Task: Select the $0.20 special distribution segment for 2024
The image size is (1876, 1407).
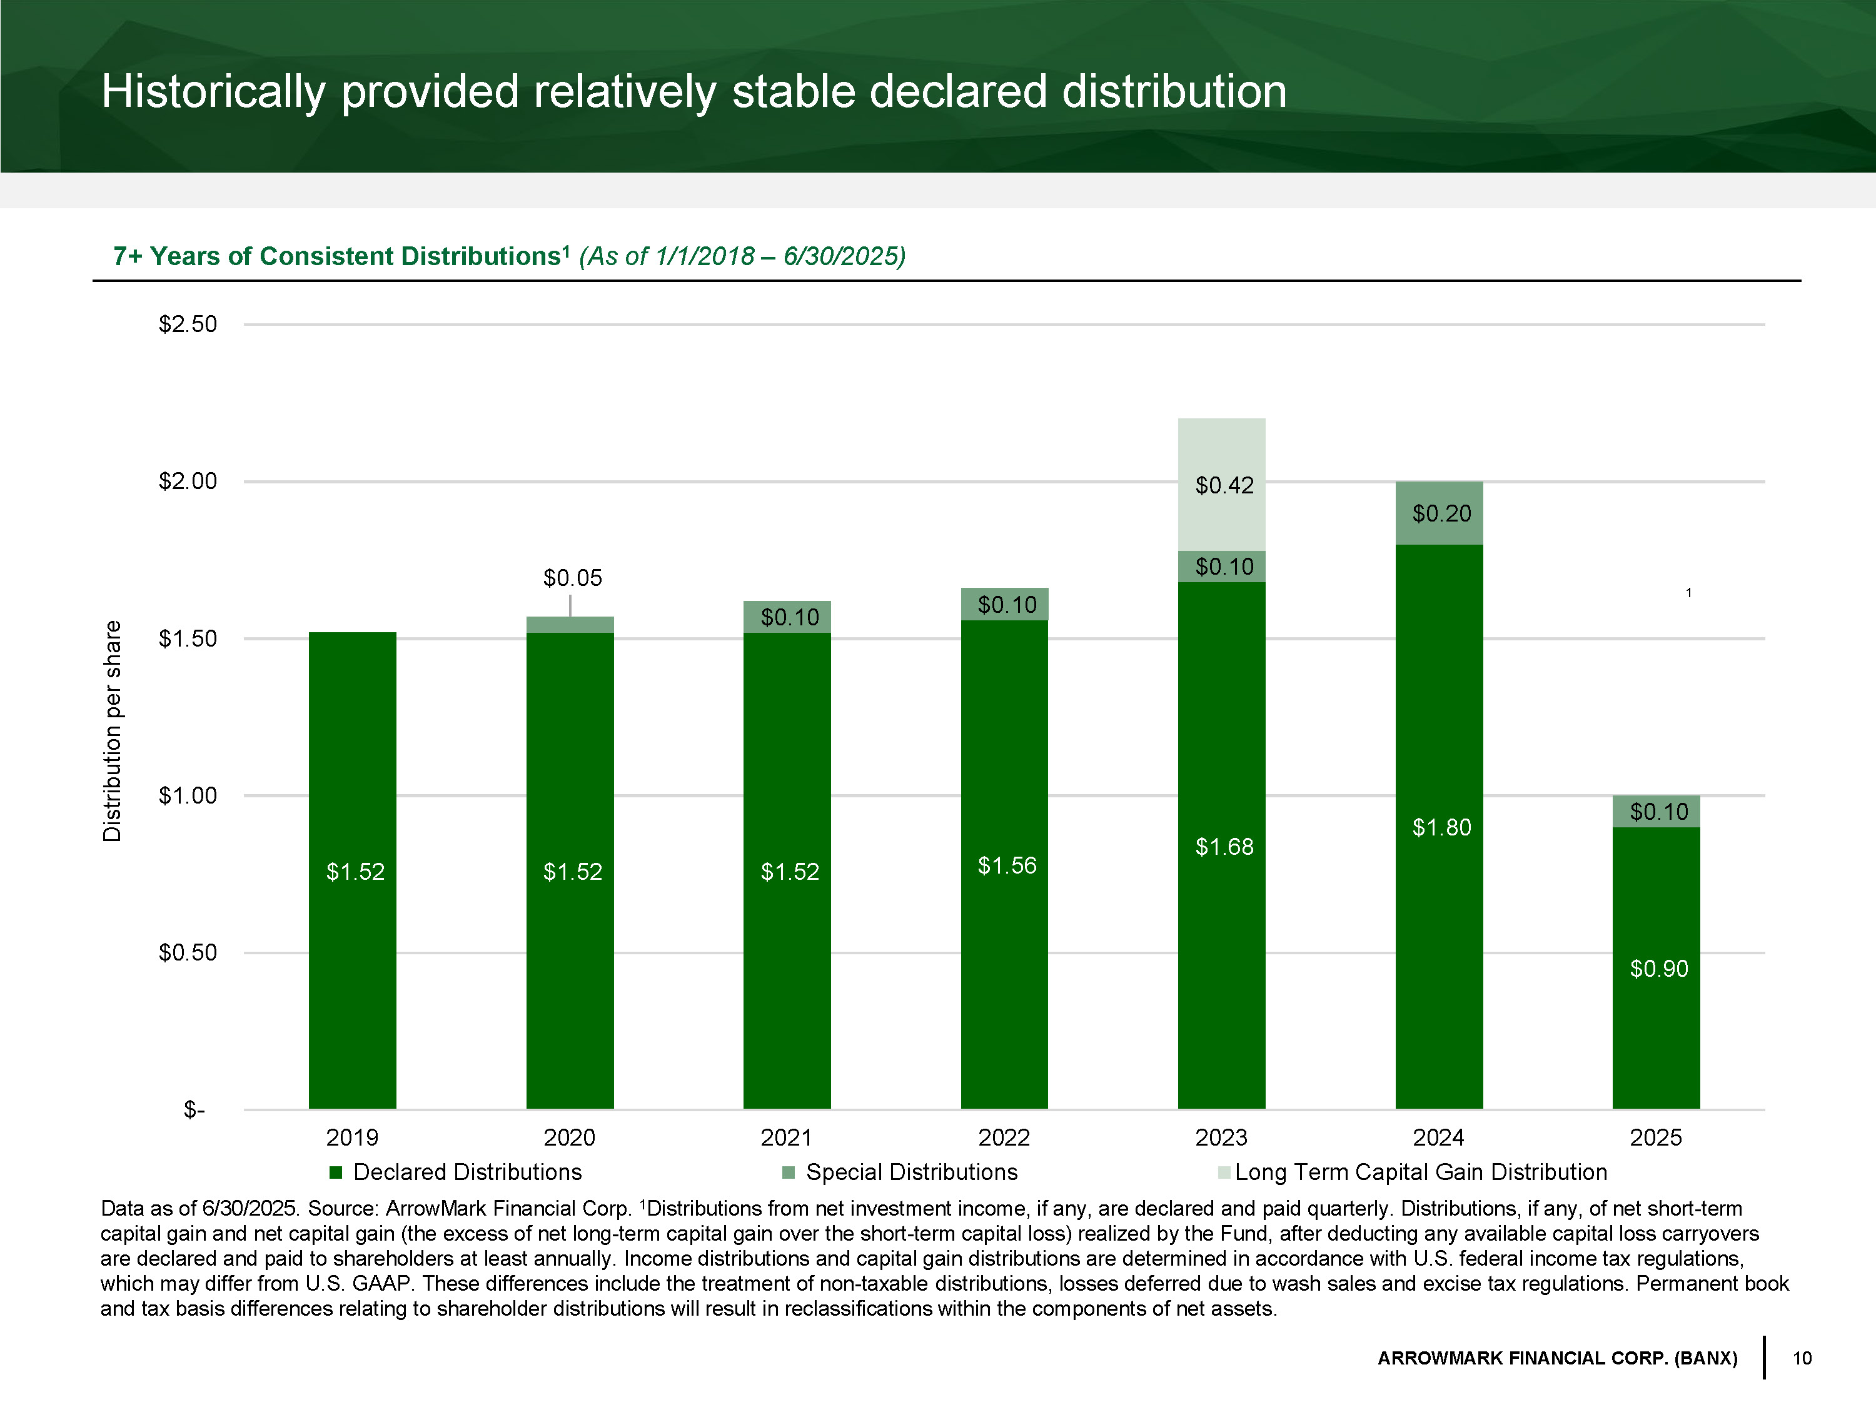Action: click(1440, 513)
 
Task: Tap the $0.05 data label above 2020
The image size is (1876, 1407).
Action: click(572, 578)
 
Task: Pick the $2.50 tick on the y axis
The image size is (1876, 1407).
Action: click(188, 324)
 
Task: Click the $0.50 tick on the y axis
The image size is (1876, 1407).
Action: click(188, 952)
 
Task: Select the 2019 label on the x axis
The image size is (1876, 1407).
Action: click(352, 1137)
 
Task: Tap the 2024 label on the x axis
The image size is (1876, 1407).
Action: click(1438, 1137)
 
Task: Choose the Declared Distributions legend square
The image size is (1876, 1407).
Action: click(336, 1173)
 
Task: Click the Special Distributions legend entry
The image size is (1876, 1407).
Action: click(911, 1172)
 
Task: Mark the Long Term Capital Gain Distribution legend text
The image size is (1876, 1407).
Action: click(1421, 1172)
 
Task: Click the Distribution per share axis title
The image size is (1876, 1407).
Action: click(112, 731)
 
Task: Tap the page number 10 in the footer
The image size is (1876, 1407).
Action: click(1802, 1358)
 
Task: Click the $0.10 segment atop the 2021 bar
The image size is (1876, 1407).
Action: click(787, 617)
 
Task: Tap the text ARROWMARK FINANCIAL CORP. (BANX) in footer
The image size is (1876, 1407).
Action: click(1557, 1358)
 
